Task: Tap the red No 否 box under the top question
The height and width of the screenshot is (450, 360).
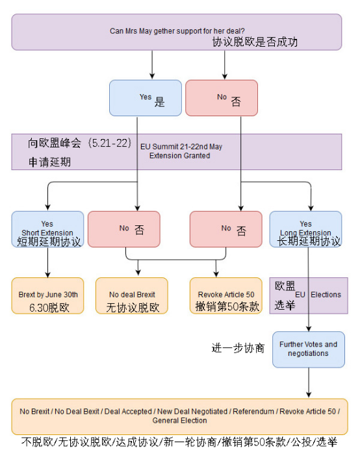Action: point(222,98)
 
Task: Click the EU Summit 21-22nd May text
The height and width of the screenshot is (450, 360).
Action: point(181,147)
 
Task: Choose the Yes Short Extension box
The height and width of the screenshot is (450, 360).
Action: point(47,229)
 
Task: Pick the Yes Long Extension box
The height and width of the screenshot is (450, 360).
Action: point(305,229)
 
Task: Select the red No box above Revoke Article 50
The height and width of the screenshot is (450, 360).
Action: point(225,229)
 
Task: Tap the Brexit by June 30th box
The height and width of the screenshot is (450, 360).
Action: point(47,295)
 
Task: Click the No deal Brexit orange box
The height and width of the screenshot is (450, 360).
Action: point(132,295)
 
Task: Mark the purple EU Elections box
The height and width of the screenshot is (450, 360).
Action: point(309,295)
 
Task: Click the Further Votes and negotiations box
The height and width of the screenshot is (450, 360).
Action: point(309,349)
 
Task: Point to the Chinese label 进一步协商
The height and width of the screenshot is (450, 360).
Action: point(238,348)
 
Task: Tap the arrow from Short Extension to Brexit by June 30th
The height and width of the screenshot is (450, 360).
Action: point(47,263)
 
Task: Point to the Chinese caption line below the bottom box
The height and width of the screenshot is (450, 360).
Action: point(179,442)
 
